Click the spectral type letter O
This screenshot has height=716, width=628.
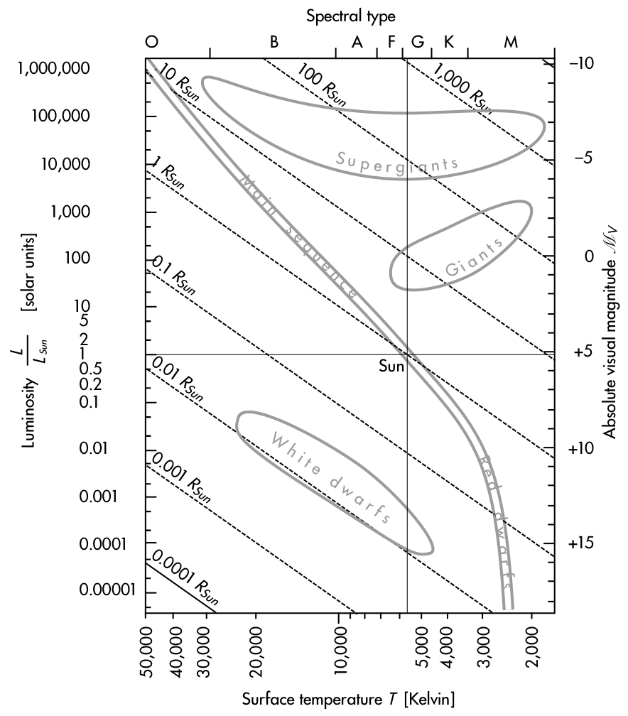pyautogui.click(x=151, y=43)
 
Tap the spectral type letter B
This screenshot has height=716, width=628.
pyautogui.click(x=274, y=43)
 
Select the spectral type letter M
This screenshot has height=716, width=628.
pyautogui.click(x=511, y=43)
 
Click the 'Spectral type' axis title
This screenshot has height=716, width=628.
pyautogui.click(x=350, y=14)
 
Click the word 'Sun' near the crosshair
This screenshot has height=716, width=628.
pyautogui.click(x=391, y=367)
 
